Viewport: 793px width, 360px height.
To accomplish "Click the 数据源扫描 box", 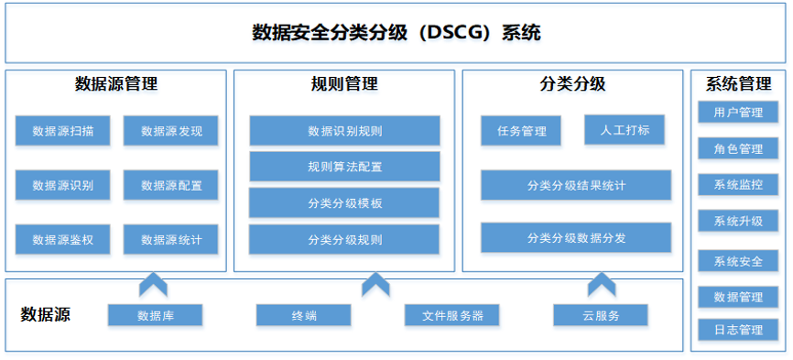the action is click(x=62, y=131).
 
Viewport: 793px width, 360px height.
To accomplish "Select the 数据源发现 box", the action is click(x=171, y=131).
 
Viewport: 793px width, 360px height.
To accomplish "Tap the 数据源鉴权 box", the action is click(x=62, y=240).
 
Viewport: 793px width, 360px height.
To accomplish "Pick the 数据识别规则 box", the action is click(x=344, y=131).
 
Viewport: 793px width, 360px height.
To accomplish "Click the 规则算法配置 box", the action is click(x=344, y=167).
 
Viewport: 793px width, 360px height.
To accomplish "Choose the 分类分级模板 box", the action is click(x=344, y=202).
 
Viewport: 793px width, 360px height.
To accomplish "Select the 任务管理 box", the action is click(x=521, y=131).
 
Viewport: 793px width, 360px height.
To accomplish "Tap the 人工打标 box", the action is click(x=625, y=130).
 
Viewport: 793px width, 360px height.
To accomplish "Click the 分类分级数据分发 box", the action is click(x=576, y=237).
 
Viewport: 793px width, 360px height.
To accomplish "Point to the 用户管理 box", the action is click(x=738, y=112).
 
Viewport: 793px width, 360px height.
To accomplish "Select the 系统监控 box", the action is click(x=738, y=184).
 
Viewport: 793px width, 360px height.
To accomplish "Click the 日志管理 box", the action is click(x=738, y=330).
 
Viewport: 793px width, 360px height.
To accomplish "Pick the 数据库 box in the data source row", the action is click(x=156, y=315).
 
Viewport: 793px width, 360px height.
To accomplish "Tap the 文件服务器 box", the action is click(x=452, y=315).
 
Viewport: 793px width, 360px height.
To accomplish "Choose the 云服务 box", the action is click(x=601, y=315).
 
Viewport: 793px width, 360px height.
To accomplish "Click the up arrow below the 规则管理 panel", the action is click(x=375, y=285).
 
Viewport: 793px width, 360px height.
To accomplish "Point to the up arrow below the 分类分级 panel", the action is click(x=602, y=285).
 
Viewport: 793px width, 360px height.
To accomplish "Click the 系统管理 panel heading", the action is click(x=738, y=84).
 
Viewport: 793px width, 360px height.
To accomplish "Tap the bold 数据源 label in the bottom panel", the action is click(x=46, y=314).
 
